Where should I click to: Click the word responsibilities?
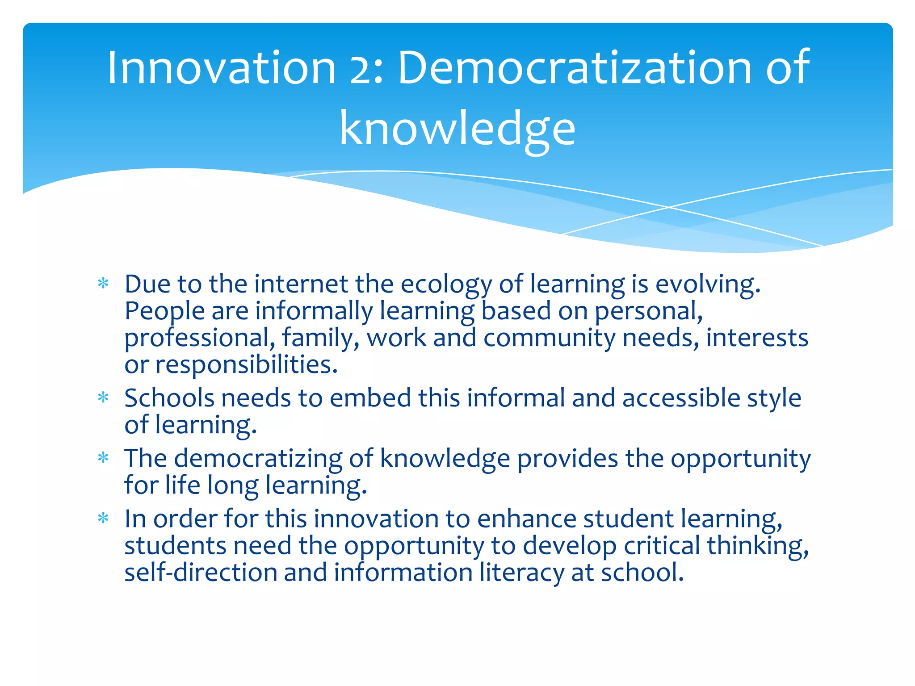point(246,365)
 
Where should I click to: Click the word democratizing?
point(258,459)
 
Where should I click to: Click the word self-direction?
point(201,573)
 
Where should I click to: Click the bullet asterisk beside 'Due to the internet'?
point(103,283)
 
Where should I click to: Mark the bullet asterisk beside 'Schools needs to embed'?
point(103,397)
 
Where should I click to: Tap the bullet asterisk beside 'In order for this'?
point(103,518)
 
